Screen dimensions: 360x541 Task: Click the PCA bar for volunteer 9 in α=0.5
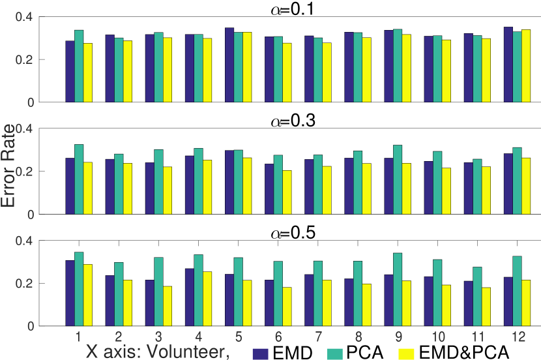(398, 290)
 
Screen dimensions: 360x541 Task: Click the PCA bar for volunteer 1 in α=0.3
(79, 179)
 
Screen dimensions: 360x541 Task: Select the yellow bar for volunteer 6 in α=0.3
(287, 192)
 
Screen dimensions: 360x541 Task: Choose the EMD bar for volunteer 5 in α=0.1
(229, 65)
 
